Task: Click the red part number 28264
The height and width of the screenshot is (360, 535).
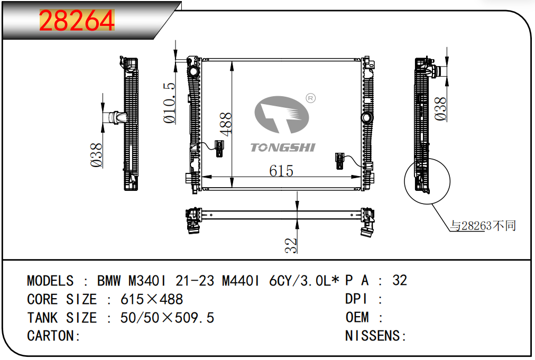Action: [77, 21]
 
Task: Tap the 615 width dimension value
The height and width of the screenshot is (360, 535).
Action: [281, 171]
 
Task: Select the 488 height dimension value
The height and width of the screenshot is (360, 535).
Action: [226, 124]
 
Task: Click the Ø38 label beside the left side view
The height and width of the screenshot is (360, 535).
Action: [97, 155]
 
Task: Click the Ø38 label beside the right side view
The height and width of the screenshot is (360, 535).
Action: [440, 109]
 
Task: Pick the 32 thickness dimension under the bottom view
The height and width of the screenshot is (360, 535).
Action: [291, 245]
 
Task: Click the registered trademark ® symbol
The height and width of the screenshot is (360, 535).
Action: [311, 98]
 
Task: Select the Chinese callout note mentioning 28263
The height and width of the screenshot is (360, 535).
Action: [483, 226]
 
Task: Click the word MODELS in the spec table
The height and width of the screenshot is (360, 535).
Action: [50, 280]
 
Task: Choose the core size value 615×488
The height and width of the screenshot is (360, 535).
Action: [152, 299]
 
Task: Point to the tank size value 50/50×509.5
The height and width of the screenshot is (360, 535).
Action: [168, 318]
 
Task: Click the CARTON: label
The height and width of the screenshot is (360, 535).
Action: [53, 336]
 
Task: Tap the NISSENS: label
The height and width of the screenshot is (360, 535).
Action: [375, 336]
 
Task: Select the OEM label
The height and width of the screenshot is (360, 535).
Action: [357, 318]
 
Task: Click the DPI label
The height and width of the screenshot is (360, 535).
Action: [357, 299]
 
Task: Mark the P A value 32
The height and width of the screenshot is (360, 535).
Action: [400, 280]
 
